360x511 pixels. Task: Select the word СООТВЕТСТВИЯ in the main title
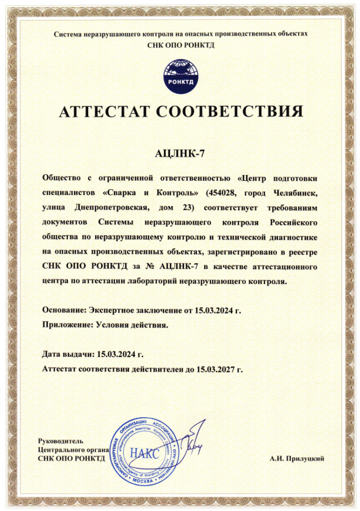pos(229,112)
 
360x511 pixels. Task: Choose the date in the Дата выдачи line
pos(117,354)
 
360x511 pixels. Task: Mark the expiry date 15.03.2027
pos(216,370)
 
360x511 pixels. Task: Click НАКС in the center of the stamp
pos(144,453)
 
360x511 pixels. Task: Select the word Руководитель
pos(60,441)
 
